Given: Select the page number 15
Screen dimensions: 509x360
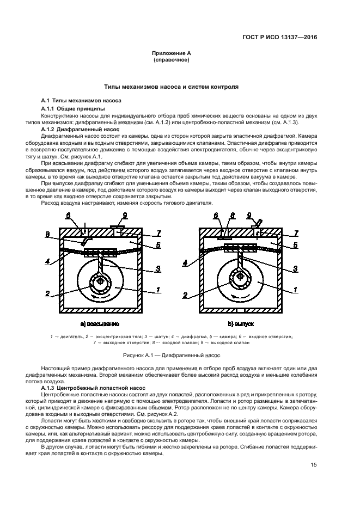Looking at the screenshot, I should pos(314,464).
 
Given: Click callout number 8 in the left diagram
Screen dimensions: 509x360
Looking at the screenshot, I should pos(47,235).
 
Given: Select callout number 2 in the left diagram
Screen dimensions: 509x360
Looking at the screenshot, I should pos(47,293).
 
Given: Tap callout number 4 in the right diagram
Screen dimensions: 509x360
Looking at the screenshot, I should pos(186,262).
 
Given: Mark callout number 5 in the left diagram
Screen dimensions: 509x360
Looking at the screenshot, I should pos(158,246).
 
